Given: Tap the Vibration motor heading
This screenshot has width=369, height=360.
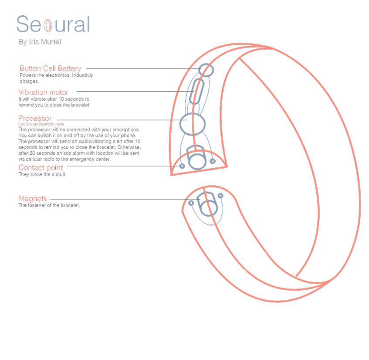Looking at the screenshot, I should pos(43,92).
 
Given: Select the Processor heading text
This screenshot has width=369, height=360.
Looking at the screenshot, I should pos(35,119).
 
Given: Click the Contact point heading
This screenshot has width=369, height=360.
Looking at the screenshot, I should pos(41,168).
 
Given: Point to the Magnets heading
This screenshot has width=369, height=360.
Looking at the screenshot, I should pos(33,199).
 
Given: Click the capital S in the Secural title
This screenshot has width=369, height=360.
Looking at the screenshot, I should pos(23,25).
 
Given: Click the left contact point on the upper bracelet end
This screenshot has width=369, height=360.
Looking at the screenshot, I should pos(182,166).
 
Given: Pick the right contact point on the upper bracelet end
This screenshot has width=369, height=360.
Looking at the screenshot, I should pos(213,161).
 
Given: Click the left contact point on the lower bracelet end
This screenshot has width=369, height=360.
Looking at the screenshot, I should pos(191,203).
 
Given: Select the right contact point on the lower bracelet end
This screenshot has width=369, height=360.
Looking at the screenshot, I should pos(220,196).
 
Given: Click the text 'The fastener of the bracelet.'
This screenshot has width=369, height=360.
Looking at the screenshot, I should pos(49,205).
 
